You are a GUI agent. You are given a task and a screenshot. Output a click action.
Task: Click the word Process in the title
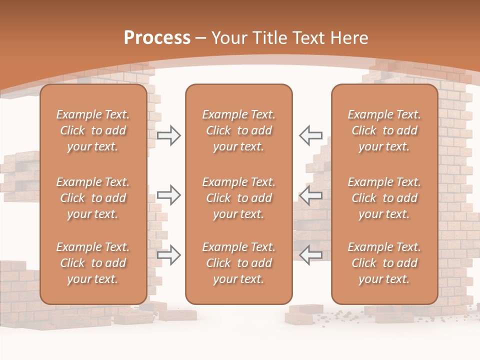coord(157,38)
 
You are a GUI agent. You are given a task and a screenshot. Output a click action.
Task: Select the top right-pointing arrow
coord(168,135)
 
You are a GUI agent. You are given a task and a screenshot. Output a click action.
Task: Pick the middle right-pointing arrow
coord(168,195)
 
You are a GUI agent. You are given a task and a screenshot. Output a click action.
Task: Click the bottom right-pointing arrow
coord(168,254)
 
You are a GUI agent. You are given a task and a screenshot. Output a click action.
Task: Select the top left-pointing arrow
coord(311,135)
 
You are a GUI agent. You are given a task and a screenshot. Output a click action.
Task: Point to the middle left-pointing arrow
coord(311,195)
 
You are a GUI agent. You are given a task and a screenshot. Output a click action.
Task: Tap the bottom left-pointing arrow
coord(311,254)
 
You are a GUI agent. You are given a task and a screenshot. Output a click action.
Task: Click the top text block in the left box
coord(93,130)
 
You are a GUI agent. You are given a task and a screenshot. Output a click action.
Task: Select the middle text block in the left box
coord(93,198)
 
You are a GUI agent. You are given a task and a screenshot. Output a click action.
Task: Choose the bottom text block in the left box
coord(93,263)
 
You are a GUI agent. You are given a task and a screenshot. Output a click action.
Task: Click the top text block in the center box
coord(239,130)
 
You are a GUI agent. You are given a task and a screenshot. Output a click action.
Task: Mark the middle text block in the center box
coord(239,198)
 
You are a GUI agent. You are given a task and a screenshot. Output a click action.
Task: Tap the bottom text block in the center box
coord(239,263)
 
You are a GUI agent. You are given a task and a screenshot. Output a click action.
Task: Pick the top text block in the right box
coord(384,130)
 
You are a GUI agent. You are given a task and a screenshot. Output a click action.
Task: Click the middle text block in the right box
coord(384,198)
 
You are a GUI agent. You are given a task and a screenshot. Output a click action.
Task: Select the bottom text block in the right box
coord(384,263)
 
